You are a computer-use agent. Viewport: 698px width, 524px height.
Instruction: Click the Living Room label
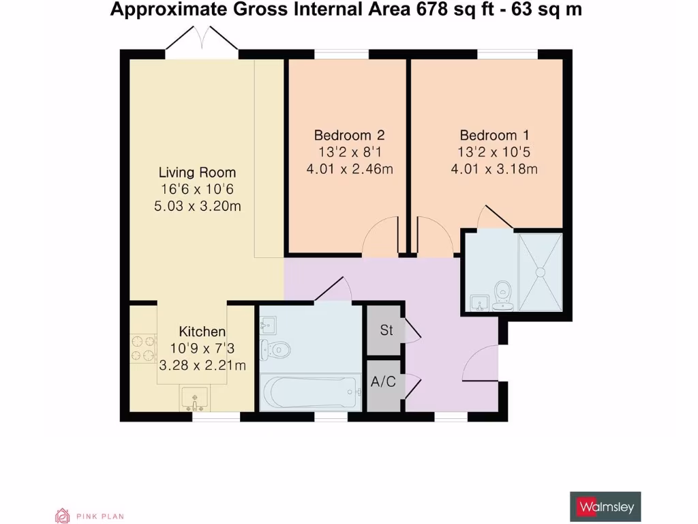198,173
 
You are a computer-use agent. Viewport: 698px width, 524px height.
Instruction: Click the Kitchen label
202,332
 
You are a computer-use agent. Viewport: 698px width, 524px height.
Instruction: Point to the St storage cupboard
386,331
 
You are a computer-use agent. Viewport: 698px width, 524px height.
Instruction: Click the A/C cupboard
384,381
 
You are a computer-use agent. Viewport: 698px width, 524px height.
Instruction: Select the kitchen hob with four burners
144,347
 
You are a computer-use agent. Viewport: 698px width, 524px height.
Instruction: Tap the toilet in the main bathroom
277,349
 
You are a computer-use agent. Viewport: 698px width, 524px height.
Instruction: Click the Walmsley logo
605,507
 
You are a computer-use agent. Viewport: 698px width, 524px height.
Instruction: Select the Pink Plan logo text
100,516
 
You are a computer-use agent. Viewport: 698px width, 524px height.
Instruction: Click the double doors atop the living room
201,39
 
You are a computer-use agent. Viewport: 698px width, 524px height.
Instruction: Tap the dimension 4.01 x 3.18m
494,169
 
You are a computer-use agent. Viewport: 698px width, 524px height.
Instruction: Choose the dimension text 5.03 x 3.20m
198,206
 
